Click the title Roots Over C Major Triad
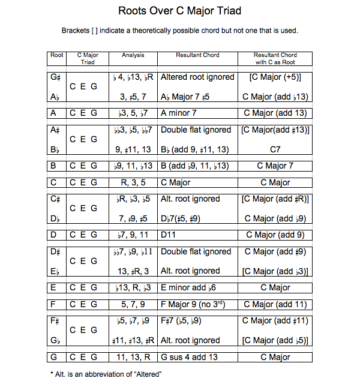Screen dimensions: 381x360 179,11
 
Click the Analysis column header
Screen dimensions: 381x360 133,55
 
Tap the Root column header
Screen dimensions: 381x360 57,55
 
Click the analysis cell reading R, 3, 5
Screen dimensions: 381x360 133,182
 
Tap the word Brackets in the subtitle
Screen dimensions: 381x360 76,31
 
